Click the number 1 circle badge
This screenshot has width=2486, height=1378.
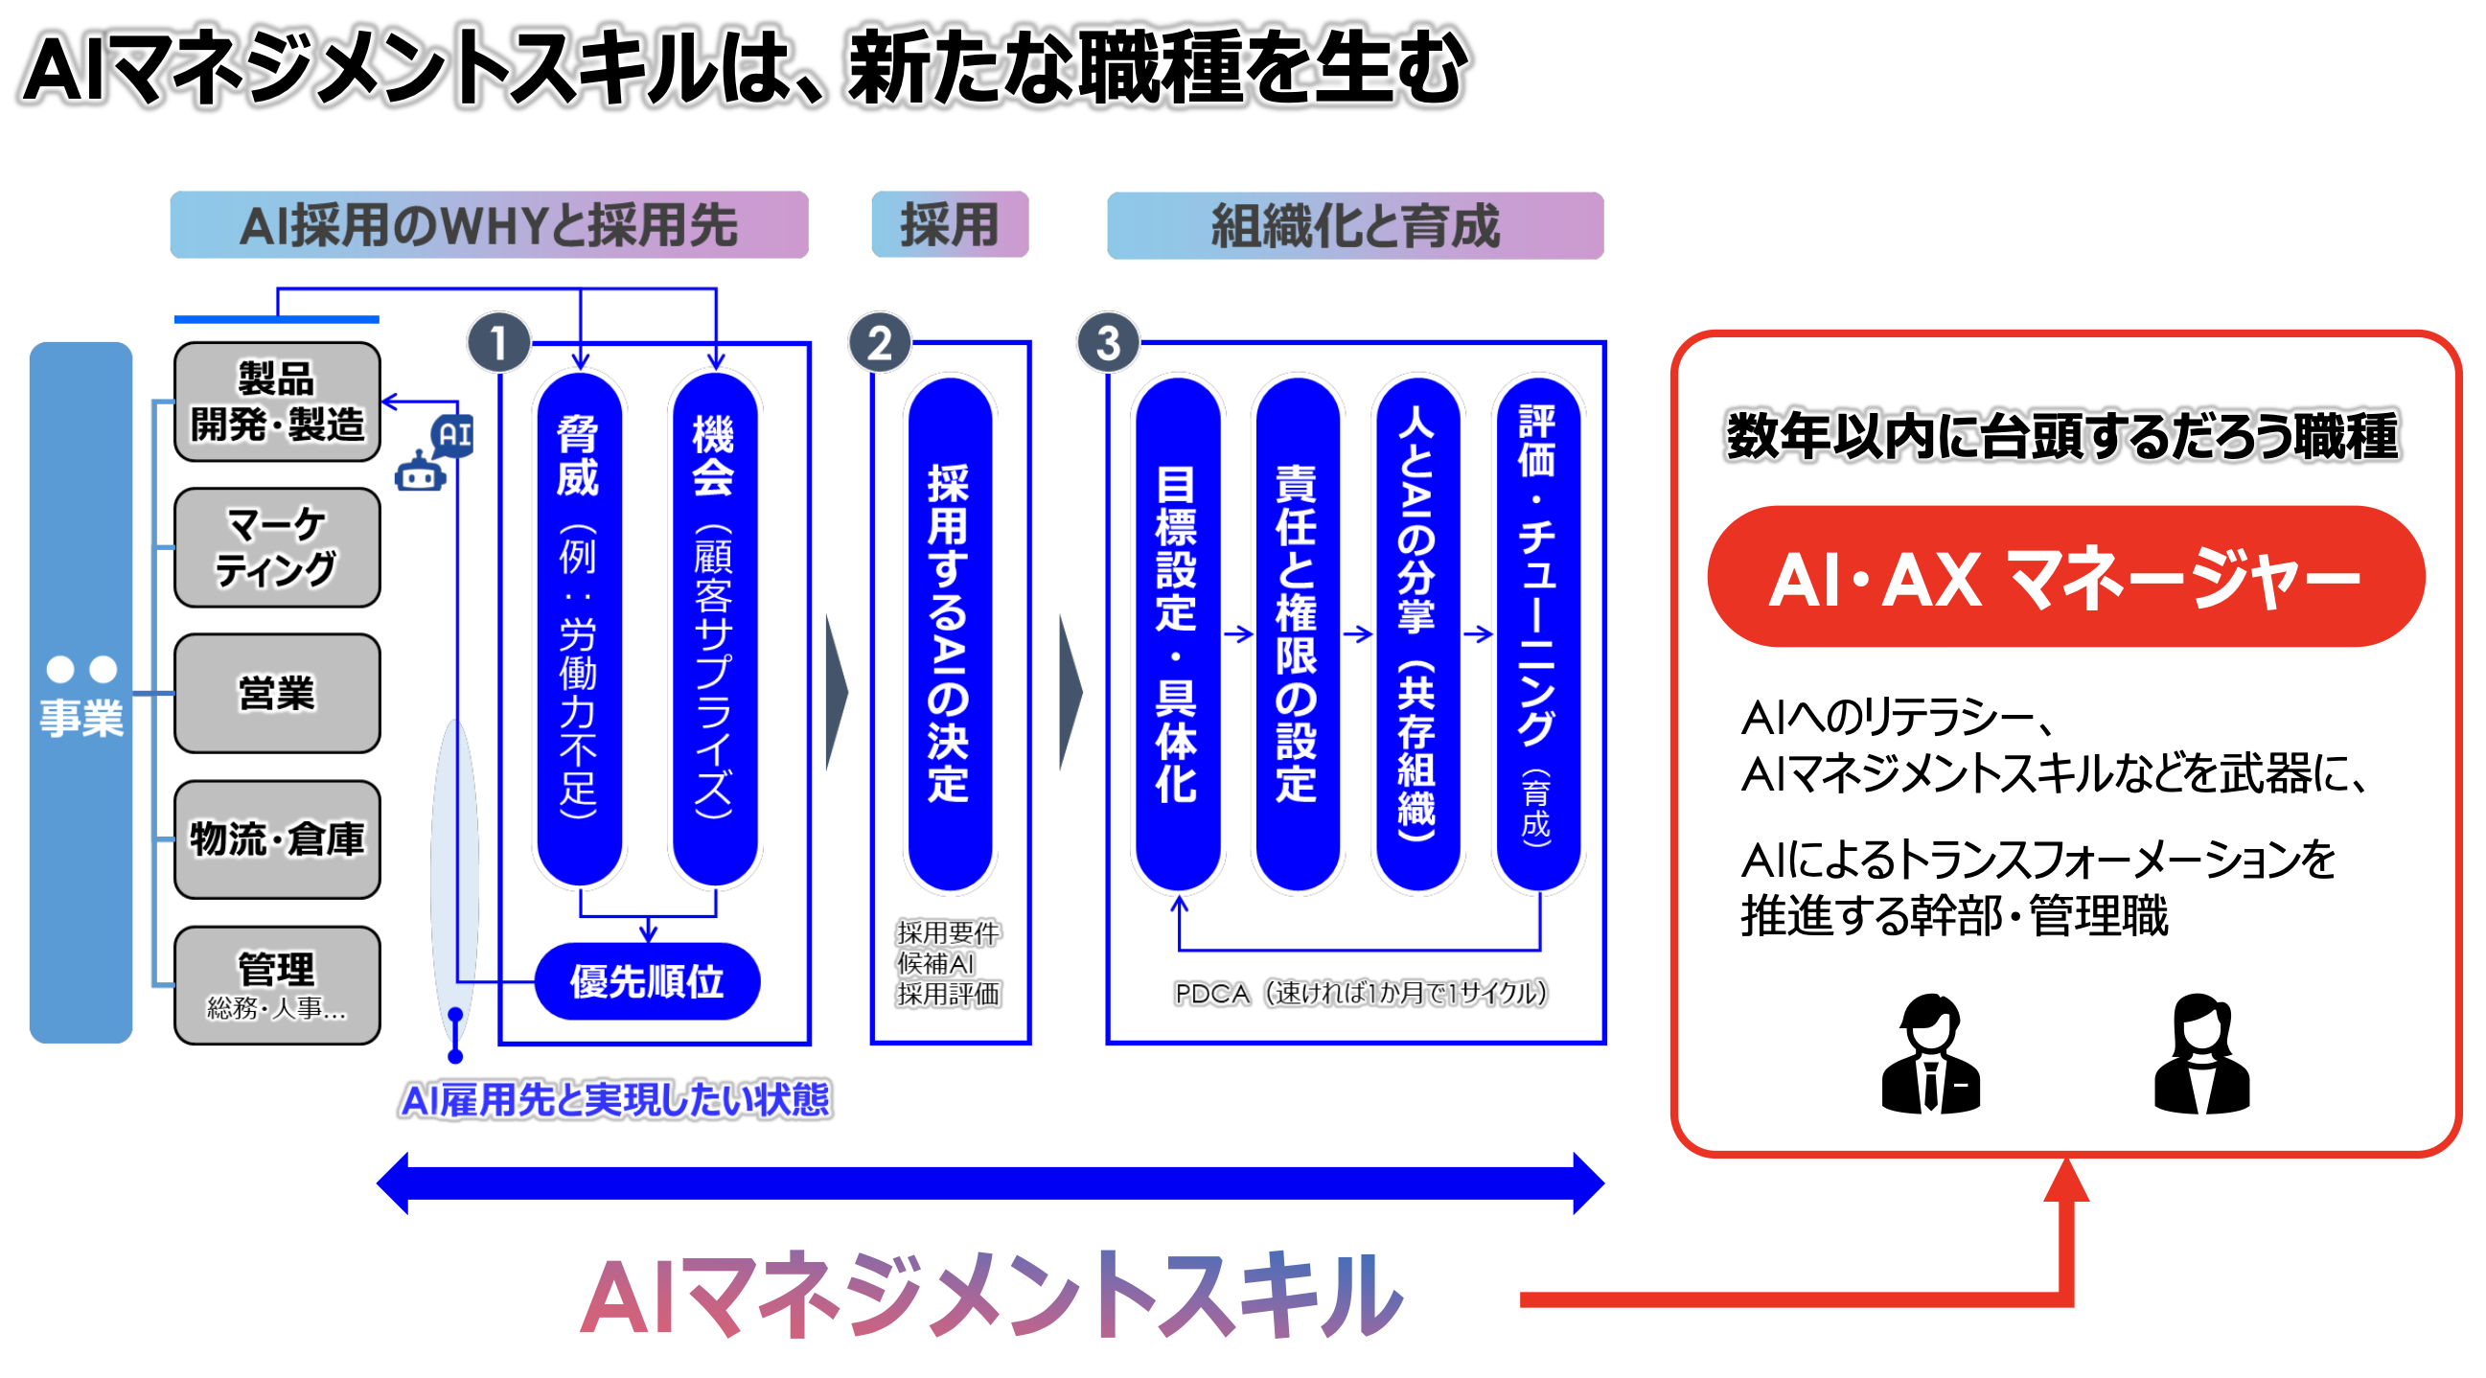(x=498, y=343)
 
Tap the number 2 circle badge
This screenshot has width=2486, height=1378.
(x=879, y=343)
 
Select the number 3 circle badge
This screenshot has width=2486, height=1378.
(x=1108, y=343)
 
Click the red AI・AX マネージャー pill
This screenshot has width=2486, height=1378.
(x=2065, y=577)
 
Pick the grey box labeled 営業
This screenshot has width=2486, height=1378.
(x=277, y=694)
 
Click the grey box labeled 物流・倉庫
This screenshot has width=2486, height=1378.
(x=277, y=839)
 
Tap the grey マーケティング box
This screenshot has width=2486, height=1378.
(x=277, y=547)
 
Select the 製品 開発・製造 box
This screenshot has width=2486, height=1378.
(x=277, y=402)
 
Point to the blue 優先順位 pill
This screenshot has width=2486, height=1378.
(x=648, y=981)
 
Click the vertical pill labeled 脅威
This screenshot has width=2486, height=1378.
(x=579, y=628)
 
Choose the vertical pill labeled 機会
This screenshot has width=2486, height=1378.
(x=714, y=628)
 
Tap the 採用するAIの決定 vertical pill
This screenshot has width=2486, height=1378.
(x=949, y=633)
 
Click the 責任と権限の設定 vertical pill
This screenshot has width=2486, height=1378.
(x=1296, y=633)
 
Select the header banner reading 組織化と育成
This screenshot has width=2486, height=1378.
(x=1355, y=226)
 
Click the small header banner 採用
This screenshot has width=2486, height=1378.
(x=950, y=225)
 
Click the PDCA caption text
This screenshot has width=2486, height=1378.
(x=1360, y=993)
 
